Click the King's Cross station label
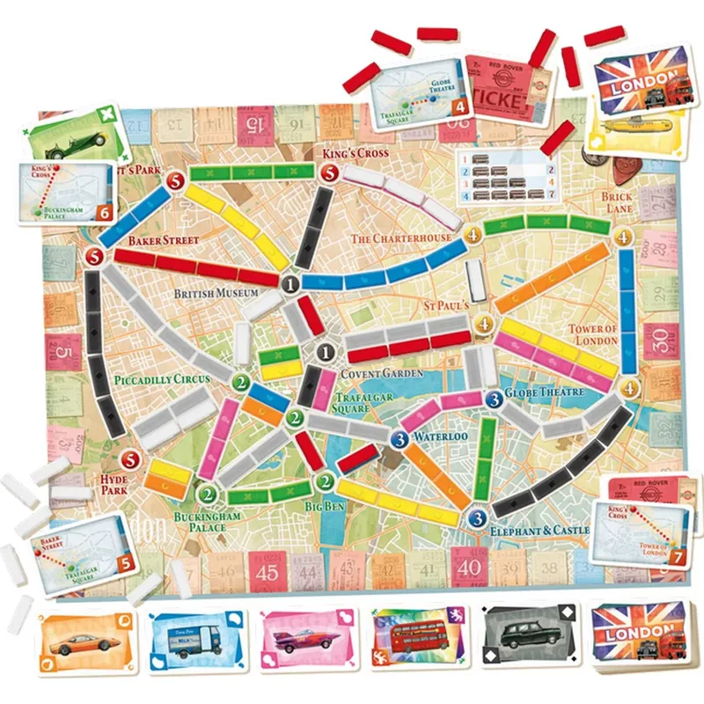click(356, 154)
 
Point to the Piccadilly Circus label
click(162, 379)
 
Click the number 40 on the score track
click(471, 567)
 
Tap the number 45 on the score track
click(269, 573)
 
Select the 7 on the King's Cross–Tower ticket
click(677, 556)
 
